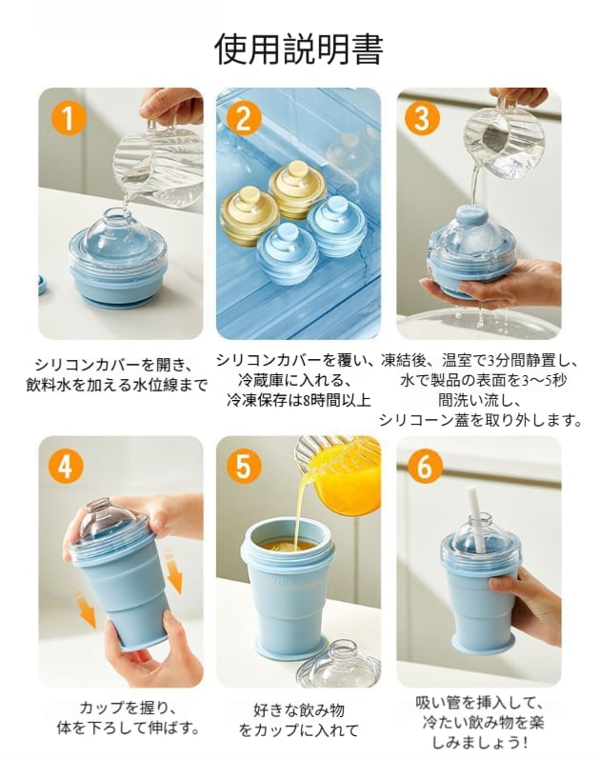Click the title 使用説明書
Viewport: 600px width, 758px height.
click(299, 49)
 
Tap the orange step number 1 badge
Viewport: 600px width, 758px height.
click(69, 118)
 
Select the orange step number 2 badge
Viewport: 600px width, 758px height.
click(244, 118)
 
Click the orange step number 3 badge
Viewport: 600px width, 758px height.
click(422, 118)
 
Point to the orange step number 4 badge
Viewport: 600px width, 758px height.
click(66, 467)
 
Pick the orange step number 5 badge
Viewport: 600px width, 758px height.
click(244, 467)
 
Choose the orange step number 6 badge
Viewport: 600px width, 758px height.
click(424, 467)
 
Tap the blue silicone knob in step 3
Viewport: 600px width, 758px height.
click(470, 215)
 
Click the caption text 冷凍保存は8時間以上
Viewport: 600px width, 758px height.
click(299, 400)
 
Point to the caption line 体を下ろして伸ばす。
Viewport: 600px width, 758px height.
click(129, 728)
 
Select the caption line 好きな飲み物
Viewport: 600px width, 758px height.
click(299, 710)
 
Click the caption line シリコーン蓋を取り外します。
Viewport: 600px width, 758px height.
click(480, 420)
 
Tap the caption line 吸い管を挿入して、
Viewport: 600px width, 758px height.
click(480, 702)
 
